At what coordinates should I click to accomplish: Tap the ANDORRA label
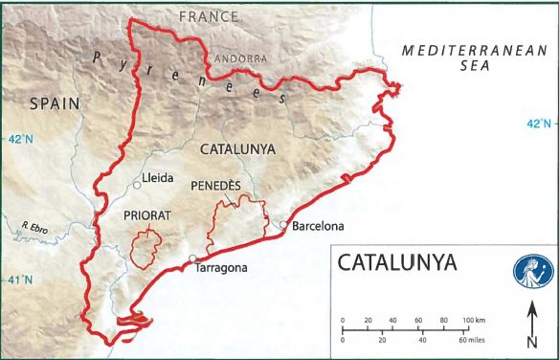241,58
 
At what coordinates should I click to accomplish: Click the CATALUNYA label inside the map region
237,149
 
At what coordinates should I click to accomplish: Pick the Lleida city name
159,178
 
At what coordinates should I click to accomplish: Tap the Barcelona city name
318,229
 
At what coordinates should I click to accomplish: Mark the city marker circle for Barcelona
282,225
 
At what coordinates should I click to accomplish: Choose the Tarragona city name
220,269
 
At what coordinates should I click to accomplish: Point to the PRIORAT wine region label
146,215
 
